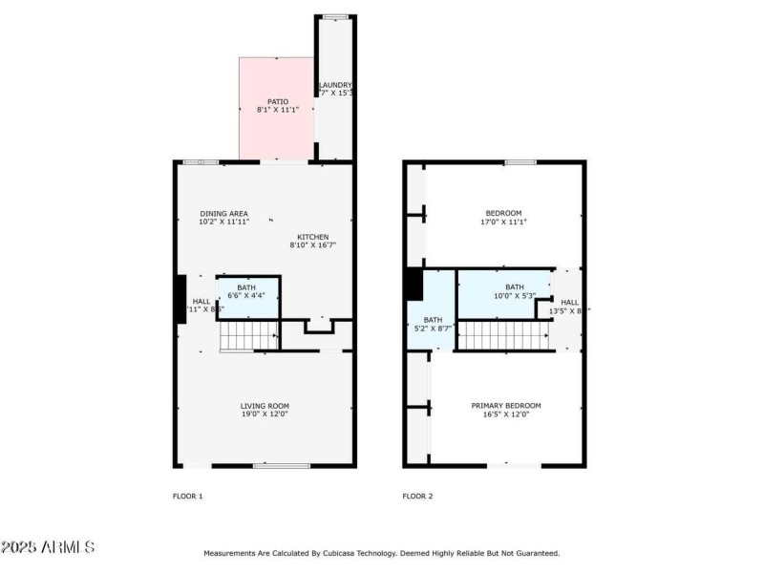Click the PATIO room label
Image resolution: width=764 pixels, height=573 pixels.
[277, 101]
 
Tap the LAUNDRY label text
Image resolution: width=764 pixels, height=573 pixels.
[335, 85]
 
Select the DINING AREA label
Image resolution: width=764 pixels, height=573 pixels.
[224, 213]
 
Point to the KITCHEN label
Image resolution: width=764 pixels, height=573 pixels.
[313, 237]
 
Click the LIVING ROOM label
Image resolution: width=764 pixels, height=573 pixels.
[265, 406]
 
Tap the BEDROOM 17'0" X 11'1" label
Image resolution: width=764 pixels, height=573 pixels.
[503, 213]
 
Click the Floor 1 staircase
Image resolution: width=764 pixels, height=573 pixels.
[248, 336]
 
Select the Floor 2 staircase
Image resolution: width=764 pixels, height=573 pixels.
[502, 335]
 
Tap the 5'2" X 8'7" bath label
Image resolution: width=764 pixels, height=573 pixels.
[433, 325]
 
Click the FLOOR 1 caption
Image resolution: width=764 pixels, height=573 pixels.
[187, 496]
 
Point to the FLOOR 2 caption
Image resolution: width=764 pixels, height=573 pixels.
[417, 496]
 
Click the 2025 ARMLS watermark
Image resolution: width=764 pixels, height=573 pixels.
[48, 547]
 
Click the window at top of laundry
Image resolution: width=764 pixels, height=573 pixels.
[334, 17]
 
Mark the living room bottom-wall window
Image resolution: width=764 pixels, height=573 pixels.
[282, 466]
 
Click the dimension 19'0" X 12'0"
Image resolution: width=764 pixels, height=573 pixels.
[265, 414]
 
